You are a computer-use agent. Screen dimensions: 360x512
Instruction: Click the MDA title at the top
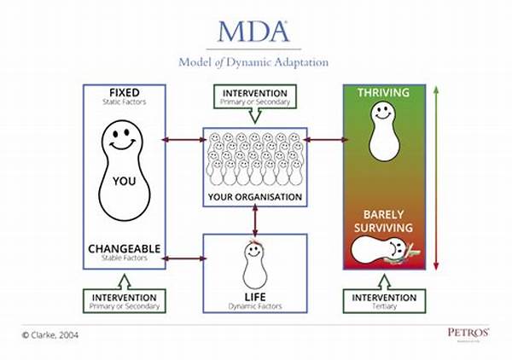click(254, 31)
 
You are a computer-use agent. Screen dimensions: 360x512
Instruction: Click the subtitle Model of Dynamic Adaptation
click(253, 61)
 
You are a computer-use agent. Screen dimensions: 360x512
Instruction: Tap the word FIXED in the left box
click(125, 92)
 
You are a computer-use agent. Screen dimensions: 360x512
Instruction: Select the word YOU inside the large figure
click(125, 181)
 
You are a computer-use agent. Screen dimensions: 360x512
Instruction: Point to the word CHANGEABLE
click(125, 249)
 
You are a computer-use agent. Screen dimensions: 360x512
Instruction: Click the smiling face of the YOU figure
click(125, 138)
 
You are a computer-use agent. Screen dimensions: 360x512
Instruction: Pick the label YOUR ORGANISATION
click(254, 197)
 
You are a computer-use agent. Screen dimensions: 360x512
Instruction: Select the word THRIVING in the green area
click(384, 93)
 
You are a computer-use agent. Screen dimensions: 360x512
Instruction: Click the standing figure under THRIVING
click(384, 132)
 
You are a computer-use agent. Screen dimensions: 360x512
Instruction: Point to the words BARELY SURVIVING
click(384, 221)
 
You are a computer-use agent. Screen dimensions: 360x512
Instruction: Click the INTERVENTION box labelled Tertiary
click(384, 301)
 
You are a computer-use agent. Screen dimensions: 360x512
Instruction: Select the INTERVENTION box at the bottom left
click(125, 301)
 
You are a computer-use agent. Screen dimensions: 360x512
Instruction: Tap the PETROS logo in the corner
click(467, 332)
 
